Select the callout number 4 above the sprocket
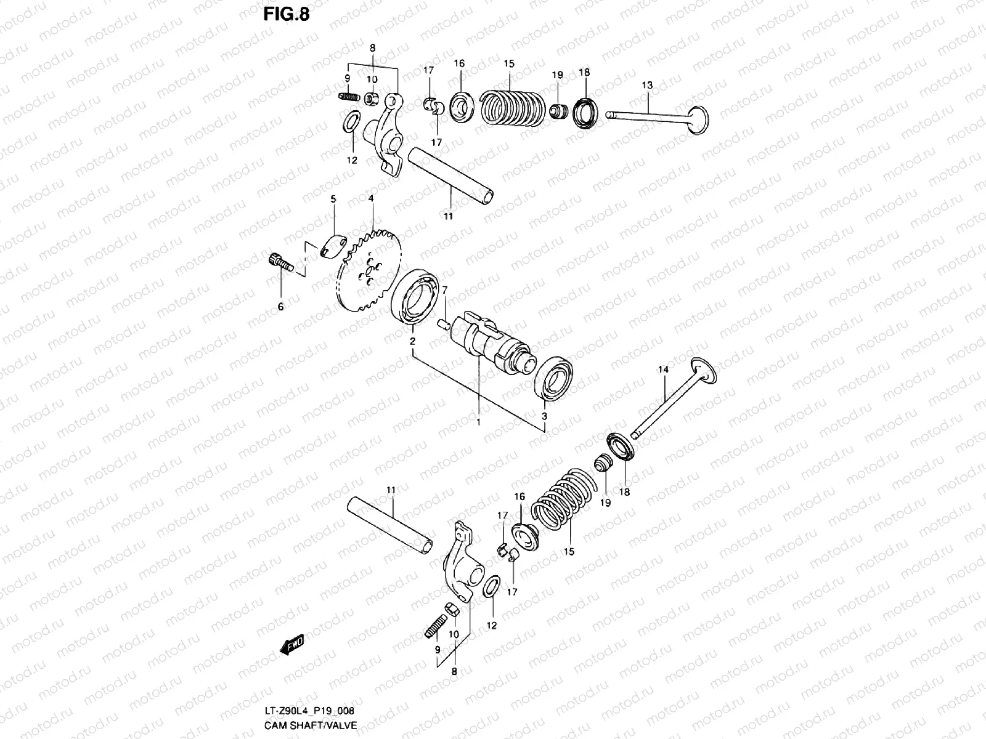(371, 199)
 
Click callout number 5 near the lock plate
(333, 200)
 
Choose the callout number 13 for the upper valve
(647, 85)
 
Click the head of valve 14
(703, 371)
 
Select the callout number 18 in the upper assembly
(584, 72)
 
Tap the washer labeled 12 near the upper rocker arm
(351, 122)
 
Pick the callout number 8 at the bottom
(454, 672)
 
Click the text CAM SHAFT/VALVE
(311, 725)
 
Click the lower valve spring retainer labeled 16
(525, 534)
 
